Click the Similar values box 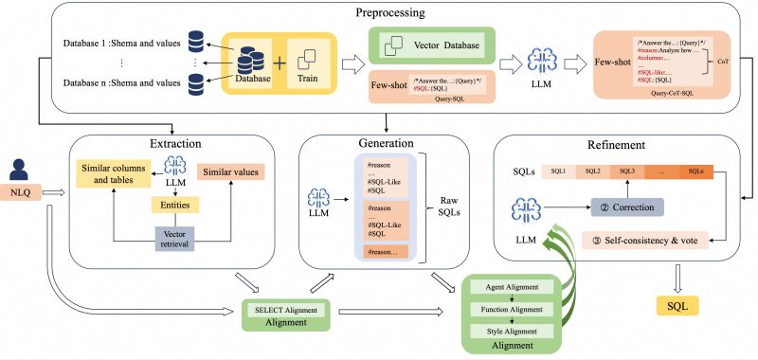(231, 173)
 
